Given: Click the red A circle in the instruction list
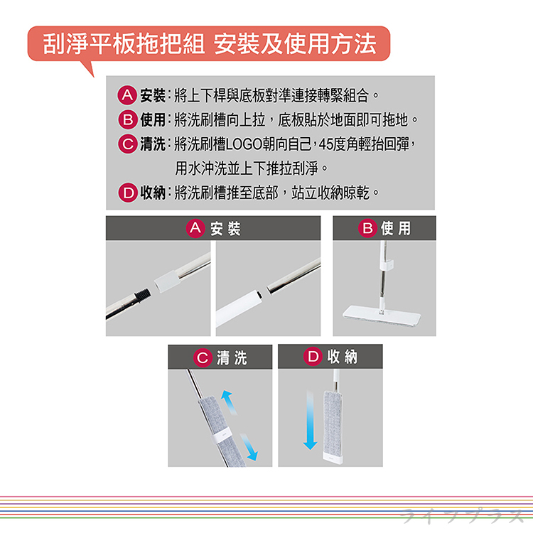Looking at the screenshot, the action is click(127, 95).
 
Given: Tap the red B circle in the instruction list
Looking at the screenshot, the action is click(128, 119).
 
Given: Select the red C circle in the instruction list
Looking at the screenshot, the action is click(128, 144).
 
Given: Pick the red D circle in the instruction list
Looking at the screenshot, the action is click(128, 193).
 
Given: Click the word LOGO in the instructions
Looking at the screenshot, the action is click(244, 144).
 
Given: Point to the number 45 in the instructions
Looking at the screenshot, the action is click(325, 144).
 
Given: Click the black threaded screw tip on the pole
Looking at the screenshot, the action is click(142, 295).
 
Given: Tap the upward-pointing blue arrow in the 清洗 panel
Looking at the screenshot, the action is click(229, 402).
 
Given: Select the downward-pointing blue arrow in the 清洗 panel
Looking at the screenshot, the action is click(249, 447).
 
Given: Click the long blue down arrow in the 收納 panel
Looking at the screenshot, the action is click(310, 420).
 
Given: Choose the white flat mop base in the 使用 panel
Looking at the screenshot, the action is click(382, 317).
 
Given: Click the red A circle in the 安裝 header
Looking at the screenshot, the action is click(195, 227).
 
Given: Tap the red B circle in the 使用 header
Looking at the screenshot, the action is click(367, 227).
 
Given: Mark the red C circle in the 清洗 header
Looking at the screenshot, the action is click(203, 357).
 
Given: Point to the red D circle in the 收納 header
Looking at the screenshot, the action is click(313, 357).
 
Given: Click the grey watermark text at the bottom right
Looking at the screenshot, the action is click(462, 516).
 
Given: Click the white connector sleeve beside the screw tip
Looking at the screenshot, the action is click(166, 281).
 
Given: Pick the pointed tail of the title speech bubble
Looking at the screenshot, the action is click(88, 69).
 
